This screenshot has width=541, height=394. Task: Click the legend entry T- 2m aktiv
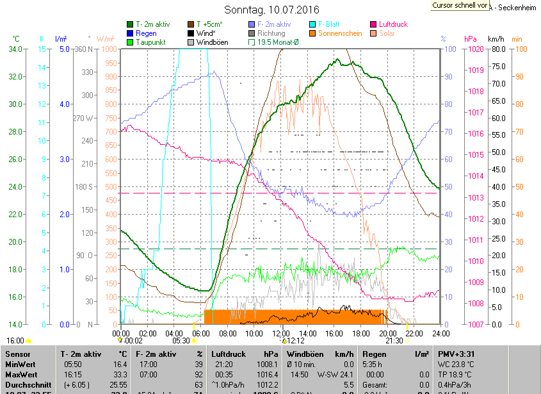157,24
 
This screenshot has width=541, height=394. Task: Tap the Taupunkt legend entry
152,42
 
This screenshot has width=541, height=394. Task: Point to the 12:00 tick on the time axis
281,333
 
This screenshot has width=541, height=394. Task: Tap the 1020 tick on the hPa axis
474,49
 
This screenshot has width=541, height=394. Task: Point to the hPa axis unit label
471,38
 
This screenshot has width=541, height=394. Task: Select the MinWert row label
21,364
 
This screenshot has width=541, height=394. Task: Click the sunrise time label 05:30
181,341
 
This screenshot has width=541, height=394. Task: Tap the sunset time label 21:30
394,341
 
